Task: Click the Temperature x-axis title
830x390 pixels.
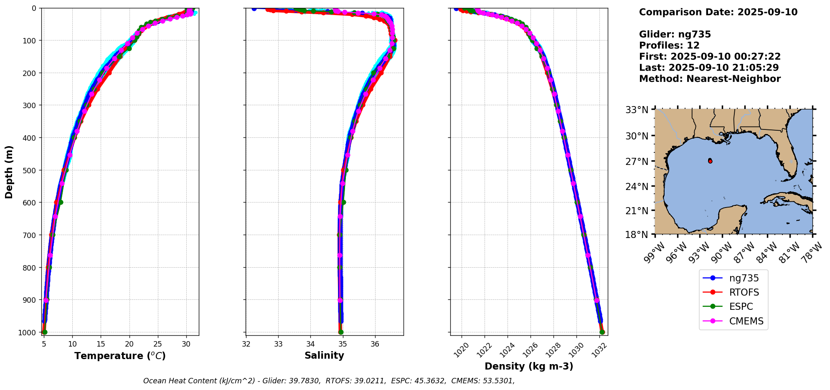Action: [x=120, y=356]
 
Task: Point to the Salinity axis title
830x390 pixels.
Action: [x=324, y=356]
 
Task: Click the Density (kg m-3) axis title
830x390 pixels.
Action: [x=529, y=367]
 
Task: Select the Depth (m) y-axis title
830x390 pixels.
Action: [x=9, y=172]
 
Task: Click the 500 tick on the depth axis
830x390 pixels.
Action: [x=30, y=170]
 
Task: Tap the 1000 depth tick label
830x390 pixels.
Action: [x=28, y=332]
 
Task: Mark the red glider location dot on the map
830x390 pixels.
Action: [x=710, y=161]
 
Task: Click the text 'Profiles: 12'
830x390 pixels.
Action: [x=669, y=46]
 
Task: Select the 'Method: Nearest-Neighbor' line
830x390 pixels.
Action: [x=710, y=79]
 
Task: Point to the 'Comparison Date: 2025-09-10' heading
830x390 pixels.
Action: [x=718, y=12]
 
